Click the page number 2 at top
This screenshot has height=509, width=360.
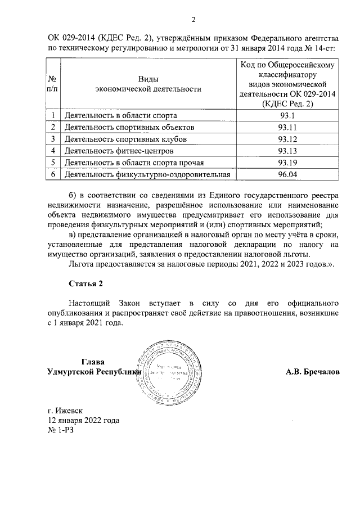193,21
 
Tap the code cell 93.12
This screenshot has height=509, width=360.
287,139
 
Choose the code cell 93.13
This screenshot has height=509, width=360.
287,151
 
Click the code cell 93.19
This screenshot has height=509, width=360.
287,163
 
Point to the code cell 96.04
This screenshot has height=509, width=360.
287,175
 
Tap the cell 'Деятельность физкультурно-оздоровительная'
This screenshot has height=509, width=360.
148,175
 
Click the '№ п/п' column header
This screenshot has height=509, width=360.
52,84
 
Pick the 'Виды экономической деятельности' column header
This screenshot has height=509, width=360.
147,84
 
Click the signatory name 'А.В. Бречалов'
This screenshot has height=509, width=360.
313,372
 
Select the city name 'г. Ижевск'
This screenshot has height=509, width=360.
66,411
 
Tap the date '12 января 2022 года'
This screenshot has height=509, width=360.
83,421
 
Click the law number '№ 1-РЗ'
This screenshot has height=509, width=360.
61,431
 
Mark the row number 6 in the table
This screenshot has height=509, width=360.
52,175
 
